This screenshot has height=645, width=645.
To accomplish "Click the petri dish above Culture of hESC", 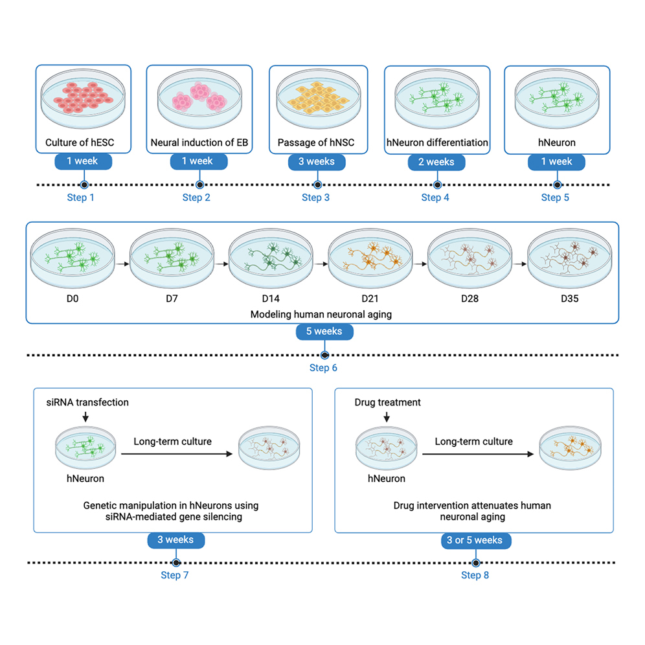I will pyautogui.click(x=83, y=100).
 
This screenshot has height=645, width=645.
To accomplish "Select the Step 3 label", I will pyautogui.click(x=315, y=198).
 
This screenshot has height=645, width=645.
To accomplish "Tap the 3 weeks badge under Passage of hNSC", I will pyautogui.click(x=316, y=161).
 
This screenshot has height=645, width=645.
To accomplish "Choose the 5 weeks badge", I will pyautogui.click(x=324, y=332).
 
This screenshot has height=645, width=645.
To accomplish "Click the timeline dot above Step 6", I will pyautogui.click(x=324, y=355).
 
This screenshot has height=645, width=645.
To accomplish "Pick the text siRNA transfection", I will pyautogui.click(x=87, y=402).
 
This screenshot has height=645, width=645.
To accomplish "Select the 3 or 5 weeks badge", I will pyautogui.click(x=476, y=540).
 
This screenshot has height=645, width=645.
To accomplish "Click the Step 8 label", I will pyautogui.click(x=475, y=575).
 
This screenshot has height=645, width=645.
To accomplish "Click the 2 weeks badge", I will pyautogui.click(x=436, y=162).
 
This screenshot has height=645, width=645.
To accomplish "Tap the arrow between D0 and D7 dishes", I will pyautogui.click(x=121, y=265).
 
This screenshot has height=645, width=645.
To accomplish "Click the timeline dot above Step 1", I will pyautogui.click(x=83, y=185).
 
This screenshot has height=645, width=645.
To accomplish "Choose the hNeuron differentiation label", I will pyautogui.click(x=437, y=142).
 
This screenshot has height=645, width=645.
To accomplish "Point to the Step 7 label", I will pyautogui.click(x=175, y=575).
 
